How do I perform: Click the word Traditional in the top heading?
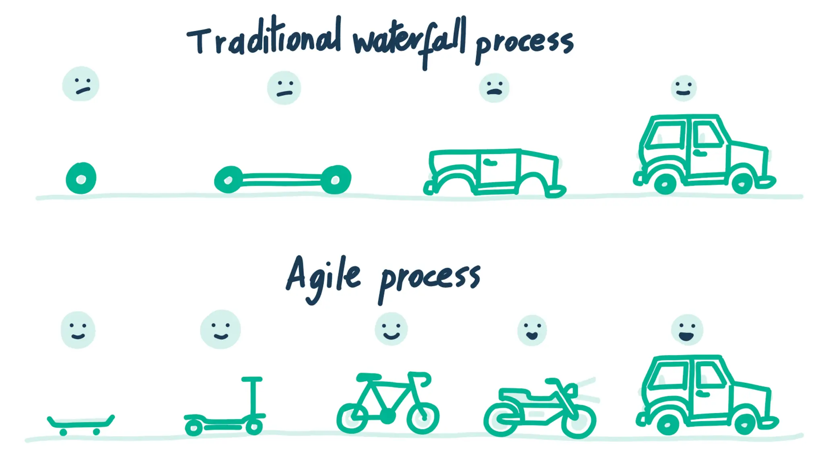click(x=264, y=40)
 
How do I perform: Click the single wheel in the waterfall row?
click(x=81, y=178)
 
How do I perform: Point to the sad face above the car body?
click(x=494, y=88)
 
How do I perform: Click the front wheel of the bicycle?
click(x=422, y=418)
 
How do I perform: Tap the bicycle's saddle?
click(x=368, y=377)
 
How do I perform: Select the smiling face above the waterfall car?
click(x=684, y=88)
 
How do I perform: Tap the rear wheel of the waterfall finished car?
click(x=665, y=184)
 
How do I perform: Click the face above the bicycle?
click(x=391, y=329)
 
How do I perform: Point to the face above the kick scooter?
click(x=220, y=330)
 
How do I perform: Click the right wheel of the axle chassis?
click(x=336, y=180)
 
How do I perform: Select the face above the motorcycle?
click(x=532, y=330)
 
